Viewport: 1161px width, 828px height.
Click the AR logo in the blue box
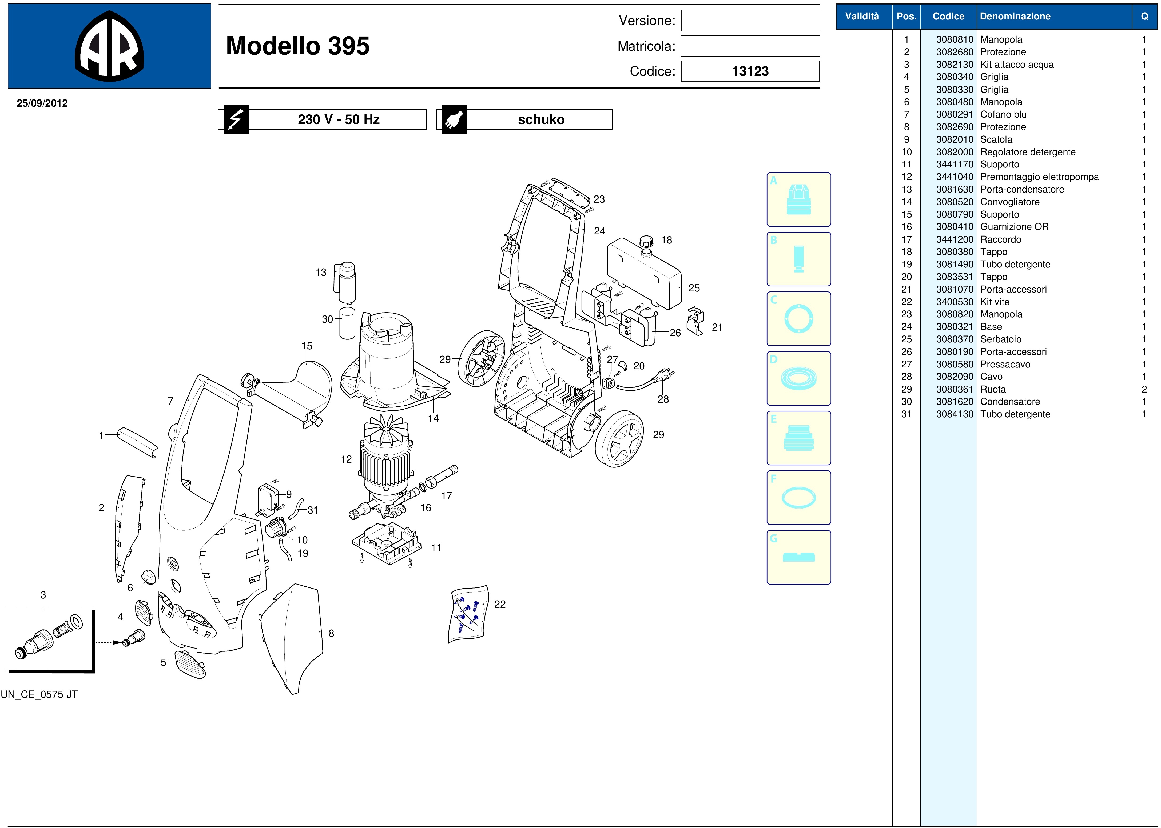pos(109,46)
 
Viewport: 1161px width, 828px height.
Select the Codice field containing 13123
pos(750,71)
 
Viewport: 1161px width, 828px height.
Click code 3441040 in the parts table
pos(955,177)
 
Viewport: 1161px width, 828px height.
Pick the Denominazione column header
pos(1015,16)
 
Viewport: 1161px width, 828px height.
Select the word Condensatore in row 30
pos(1010,402)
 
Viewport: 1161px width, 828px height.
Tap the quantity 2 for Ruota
pos(1144,389)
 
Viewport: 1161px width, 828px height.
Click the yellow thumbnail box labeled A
pos(798,199)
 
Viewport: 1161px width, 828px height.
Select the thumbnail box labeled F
pos(798,498)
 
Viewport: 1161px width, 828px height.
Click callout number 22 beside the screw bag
pos(500,604)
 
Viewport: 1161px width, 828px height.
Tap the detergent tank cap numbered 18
pos(646,241)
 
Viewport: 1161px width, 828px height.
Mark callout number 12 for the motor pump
pos(346,459)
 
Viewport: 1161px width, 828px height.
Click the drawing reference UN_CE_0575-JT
pos(39,694)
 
